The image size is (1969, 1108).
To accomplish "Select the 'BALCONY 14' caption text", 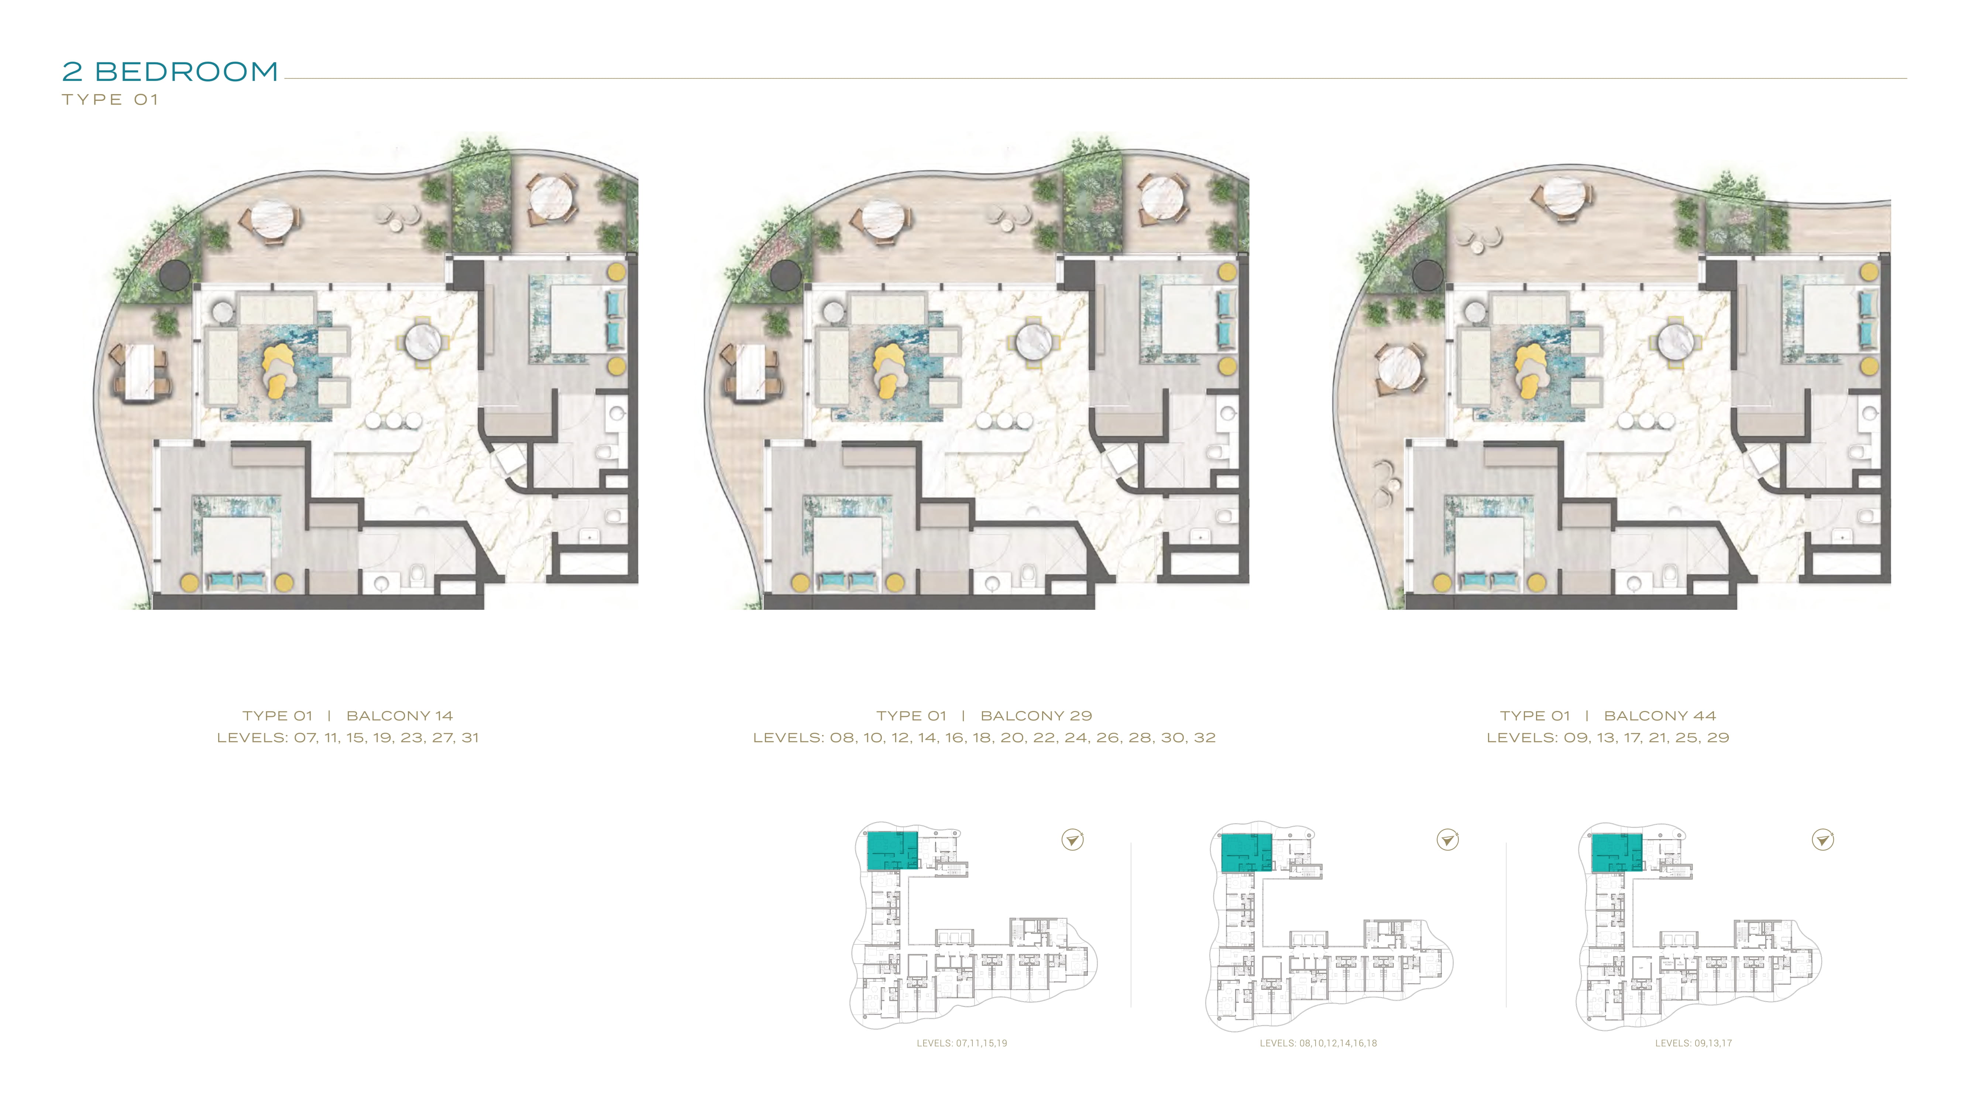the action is tap(400, 716).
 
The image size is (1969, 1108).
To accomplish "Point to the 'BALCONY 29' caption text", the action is tap(1037, 716).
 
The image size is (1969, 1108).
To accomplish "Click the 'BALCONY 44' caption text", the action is tap(1660, 716).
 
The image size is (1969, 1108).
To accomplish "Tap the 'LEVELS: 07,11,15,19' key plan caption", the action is tap(962, 1043).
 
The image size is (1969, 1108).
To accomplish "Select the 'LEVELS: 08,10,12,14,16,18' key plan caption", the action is tap(1319, 1043).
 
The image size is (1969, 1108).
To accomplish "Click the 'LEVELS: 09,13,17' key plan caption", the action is tap(1694, 1043).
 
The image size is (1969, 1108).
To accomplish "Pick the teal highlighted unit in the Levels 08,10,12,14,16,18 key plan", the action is tap(1246, 852).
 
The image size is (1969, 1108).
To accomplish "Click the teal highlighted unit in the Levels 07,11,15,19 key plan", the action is tap(892, 850).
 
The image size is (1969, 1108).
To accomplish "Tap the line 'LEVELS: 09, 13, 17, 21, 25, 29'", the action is tap(1608, 738).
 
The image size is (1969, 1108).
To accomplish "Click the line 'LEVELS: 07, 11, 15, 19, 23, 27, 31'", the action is tap(348, 738).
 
